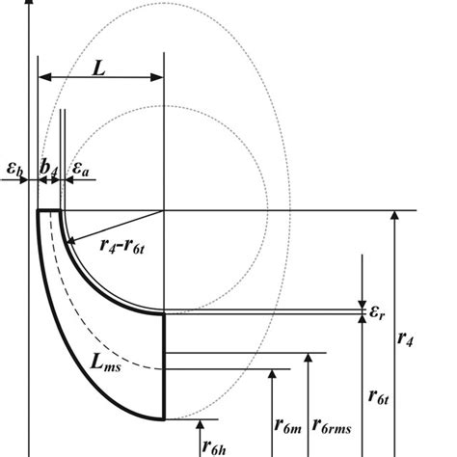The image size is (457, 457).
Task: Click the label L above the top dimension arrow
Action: tap(99, 67)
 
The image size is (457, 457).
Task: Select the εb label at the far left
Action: tap(13, 166)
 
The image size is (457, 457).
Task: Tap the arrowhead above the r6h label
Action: tap(200, 422)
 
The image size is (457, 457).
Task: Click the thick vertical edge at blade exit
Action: tap(165, 366)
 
